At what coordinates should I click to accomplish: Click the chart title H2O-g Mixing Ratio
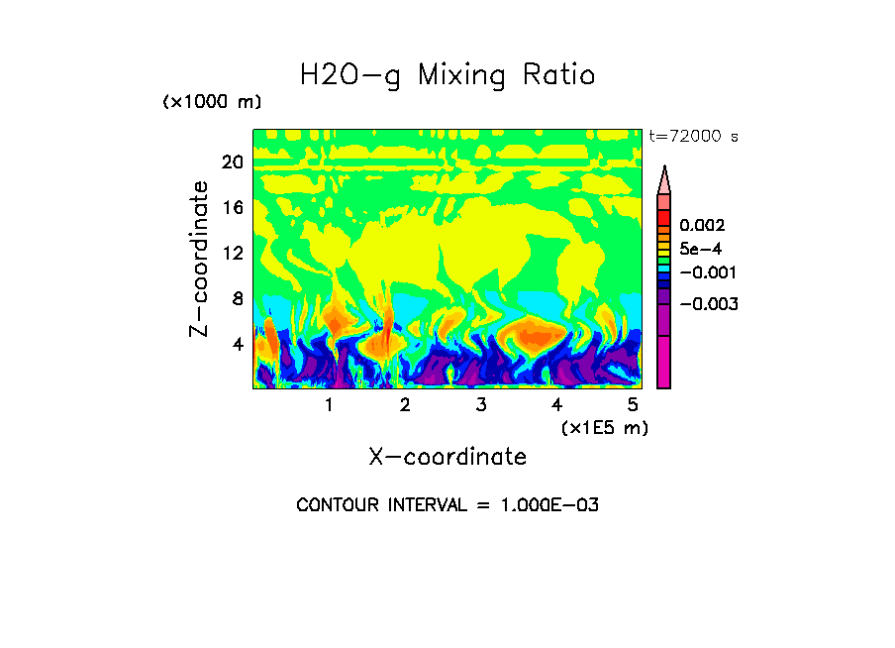[447, 75]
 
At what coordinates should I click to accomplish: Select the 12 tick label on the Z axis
[232, 253]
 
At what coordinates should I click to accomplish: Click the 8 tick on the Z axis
[237, 298]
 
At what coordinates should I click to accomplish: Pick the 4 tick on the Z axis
[237, 344]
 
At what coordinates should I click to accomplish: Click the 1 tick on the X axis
[329, 404]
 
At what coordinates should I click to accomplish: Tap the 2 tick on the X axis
[405, 404]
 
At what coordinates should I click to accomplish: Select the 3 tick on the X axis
[481, 404]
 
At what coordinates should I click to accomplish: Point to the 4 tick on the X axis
[557, 404]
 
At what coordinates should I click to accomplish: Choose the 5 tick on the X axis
[633, 404]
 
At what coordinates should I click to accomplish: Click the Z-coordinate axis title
[201, 259]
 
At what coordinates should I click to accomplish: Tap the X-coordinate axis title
[447, 457]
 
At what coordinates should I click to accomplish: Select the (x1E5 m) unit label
[605, 427]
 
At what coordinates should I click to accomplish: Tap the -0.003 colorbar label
[711, 303]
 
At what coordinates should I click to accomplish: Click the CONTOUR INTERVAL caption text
[447, 505]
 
